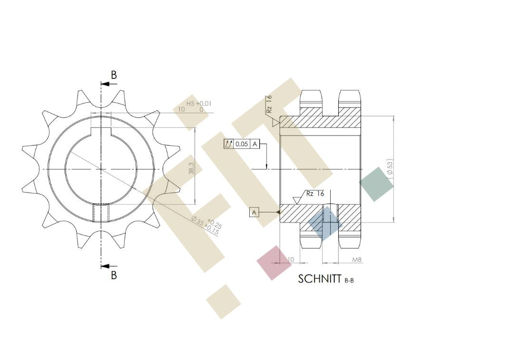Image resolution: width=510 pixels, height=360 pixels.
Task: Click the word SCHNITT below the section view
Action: (319, 279)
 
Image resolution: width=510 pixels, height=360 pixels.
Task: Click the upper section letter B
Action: (114, 75)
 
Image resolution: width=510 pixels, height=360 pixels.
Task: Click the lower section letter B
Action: (114, 275)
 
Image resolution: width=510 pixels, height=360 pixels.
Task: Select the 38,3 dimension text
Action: (191, 168)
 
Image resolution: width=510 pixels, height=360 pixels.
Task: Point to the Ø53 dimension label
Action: (390, 167)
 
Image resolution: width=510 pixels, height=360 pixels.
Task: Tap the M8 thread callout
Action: (357, 260)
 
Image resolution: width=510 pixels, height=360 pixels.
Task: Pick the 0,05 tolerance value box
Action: (242, 144)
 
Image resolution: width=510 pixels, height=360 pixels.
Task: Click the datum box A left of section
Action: (255, 213)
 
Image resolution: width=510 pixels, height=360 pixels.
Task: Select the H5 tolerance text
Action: (190, 103)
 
